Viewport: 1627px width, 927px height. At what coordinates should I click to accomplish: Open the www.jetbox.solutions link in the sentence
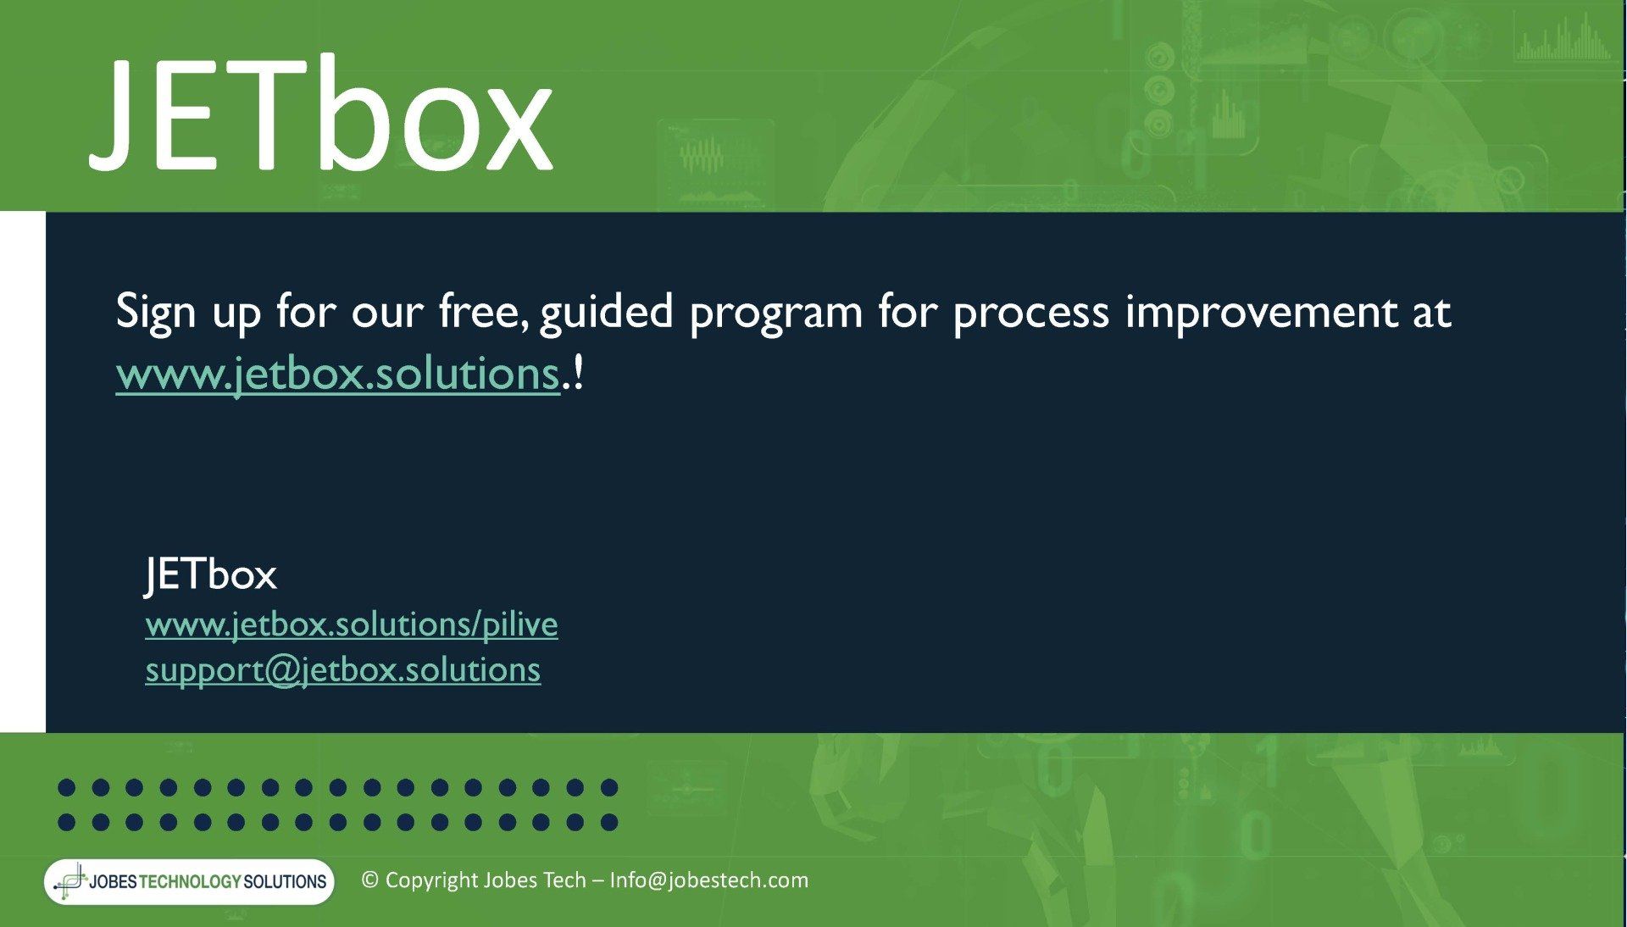[x=338, y=374]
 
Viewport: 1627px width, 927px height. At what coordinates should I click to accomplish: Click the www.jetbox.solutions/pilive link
[x=352, y=624]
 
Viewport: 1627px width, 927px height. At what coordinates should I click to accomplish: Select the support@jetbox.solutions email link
[x=343, y=669]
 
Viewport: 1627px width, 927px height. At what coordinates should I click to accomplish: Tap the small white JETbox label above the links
[x=211, y=575]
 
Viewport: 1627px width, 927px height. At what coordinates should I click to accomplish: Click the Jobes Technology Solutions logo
[x=190, y=881]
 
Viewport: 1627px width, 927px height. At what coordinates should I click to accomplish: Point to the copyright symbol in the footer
[x=369, y=880]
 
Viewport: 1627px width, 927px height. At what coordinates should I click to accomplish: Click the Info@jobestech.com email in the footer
[x=709, y=880]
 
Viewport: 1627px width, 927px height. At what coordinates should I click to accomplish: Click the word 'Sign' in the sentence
[x=156, y=312]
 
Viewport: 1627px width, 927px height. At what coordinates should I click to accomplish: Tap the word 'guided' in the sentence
[x=606, y=312]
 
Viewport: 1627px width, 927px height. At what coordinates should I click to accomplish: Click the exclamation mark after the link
[x=579, y=374]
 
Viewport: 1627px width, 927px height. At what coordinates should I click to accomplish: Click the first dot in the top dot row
[x=67, y=788]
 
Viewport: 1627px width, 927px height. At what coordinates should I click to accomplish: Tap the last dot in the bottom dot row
[x=608, y=822]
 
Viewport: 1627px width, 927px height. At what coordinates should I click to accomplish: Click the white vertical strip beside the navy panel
[x=23, y=472]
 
